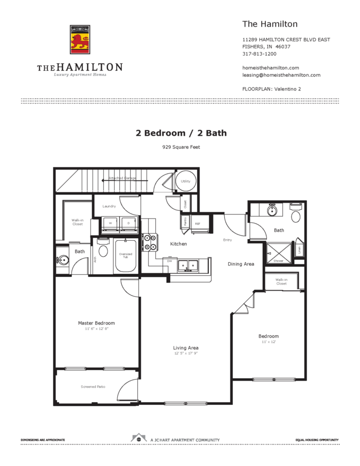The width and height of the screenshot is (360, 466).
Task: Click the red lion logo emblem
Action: click(x=80, y=40)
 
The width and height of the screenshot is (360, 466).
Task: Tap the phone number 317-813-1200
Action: click(x=259, y=54)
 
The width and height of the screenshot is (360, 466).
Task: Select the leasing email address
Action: click(x=281, y=75)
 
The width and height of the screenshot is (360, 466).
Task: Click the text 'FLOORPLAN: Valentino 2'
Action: click(x=272, y=89)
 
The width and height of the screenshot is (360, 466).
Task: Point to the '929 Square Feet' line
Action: click(x=181, y=147)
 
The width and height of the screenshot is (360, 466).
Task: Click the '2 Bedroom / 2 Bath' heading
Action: click(x=181, y=133)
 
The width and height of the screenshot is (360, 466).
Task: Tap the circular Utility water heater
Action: click(x=185, y=181)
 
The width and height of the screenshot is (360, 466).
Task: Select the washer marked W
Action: click(x=110, y=223)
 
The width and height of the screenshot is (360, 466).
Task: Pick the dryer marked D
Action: click(x=128, y=223)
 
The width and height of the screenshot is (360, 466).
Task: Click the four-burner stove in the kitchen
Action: click(x=150, y=242)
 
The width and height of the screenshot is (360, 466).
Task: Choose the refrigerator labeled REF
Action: click(x=198, y=224)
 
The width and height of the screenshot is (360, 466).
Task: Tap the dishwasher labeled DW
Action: click(x=169, y=261)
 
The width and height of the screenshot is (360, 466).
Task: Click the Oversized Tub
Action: click(x=125, y=256)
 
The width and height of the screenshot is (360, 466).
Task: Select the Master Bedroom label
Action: click(x=96, y=323)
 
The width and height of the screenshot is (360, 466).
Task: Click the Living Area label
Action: click(x=186, y=348)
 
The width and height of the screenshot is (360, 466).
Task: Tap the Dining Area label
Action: click(x=241, y=264)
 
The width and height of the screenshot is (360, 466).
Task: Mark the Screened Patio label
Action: click(x=93, y=387)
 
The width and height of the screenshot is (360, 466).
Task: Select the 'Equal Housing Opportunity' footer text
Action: click(x=317, y=440)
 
